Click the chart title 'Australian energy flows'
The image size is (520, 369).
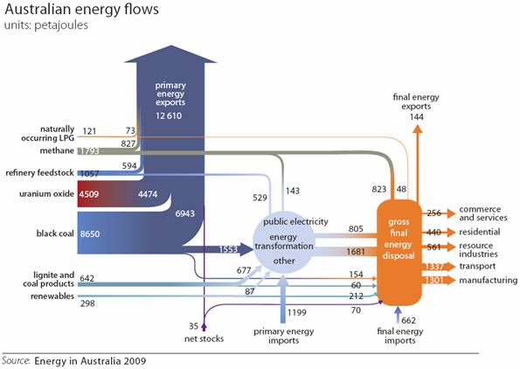point(81,9)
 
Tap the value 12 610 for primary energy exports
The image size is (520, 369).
point(169,115)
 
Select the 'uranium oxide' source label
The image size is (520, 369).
point(46,194)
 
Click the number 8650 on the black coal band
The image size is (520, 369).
point(90,234)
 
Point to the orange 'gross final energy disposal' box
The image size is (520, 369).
point(399,252)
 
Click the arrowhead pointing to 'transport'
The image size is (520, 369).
point(450,267)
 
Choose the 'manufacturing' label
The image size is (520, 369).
point(488,281)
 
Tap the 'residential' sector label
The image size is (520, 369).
point(480,232)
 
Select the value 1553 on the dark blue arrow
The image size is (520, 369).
point(228,249)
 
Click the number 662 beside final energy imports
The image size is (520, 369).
point(409,321)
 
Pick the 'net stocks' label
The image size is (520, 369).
point(204,338)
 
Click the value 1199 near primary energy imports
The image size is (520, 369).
point(297,312)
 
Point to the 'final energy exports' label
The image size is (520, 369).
point(416,102)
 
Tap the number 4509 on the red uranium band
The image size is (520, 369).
point(89,194)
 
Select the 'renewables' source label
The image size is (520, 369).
point(52,296)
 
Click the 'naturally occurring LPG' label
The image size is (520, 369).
point(48,134)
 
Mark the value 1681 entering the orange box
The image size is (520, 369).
point(356,252)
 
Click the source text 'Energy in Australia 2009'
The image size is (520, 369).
point(90,361)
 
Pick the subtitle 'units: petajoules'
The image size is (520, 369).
point(46,25)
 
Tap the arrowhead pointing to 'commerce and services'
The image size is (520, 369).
point(450,213)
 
